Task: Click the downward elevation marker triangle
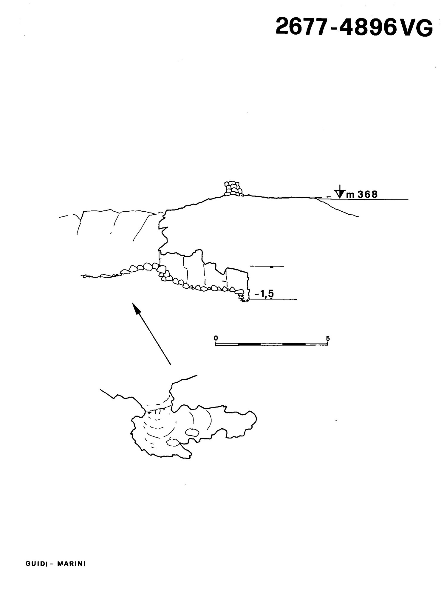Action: [x=339, y=194]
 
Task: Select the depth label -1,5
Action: [x=264, y=294]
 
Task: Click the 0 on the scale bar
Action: [x=216, y=338]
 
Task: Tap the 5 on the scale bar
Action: [x=328, y=338]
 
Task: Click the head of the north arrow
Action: [x=136, y=308]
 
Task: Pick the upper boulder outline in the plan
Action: [x=192, y=433]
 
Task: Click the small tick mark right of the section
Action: [x=271, y=267]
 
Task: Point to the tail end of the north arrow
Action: [x=171, y=364]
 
